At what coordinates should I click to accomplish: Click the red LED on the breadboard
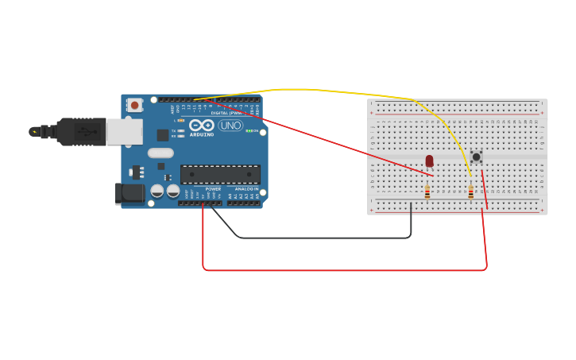click(x=429, y=161)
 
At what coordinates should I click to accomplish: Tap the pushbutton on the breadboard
click(x=476, y=157)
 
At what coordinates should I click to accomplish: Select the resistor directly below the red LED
click(x=427, y=192)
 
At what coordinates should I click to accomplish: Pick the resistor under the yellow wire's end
click(x=470, y=192)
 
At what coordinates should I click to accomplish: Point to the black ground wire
click(x=318, y=237)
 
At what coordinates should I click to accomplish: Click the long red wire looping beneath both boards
click(x=342, y=270)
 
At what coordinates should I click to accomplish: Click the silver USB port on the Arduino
click(x=124, y=131)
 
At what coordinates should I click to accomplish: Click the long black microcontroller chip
click(x=220, y=174)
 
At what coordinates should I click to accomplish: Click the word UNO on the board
click(x=230, y=126)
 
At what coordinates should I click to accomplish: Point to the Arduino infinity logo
click(x=202, y=125)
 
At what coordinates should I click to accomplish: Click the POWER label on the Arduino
click(x=213, y=189)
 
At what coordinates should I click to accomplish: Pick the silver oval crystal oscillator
click(x=160, y=153)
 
